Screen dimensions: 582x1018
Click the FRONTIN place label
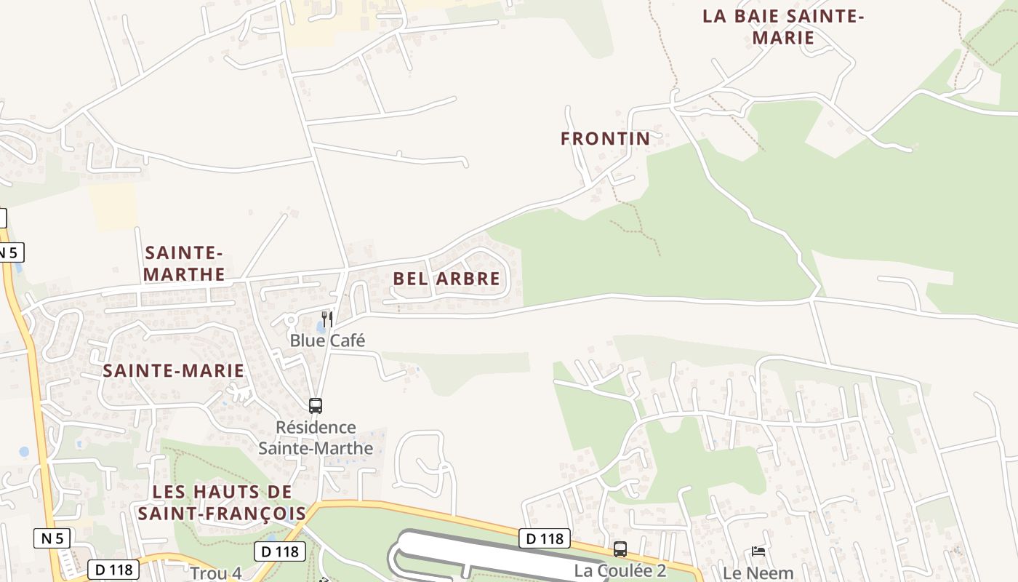[605, 138]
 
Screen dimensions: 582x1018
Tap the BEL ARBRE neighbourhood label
[446, 279]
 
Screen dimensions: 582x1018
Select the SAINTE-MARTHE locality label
[184, 263]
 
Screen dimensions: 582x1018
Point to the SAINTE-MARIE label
[173, 370]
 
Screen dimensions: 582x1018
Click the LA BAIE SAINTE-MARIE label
[782, 27]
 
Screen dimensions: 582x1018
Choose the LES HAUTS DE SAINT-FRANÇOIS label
[222, 503]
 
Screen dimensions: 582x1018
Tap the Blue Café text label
[327, 340]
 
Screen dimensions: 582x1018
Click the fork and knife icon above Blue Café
[327, 319]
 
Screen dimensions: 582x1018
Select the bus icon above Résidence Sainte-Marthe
[316, 406]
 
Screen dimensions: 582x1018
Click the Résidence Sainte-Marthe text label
[316, 438]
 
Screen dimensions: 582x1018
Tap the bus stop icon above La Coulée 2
[620, 549]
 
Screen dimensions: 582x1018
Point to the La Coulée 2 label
[620, 570]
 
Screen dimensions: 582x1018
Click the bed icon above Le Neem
[758, 551]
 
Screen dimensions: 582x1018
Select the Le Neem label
[758, 573]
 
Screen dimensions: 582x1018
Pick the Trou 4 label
[216, 573]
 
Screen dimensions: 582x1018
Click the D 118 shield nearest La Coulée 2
[545, 538]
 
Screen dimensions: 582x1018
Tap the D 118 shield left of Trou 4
[113, 570]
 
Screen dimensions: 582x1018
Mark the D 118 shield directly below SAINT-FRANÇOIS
[280, 551]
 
